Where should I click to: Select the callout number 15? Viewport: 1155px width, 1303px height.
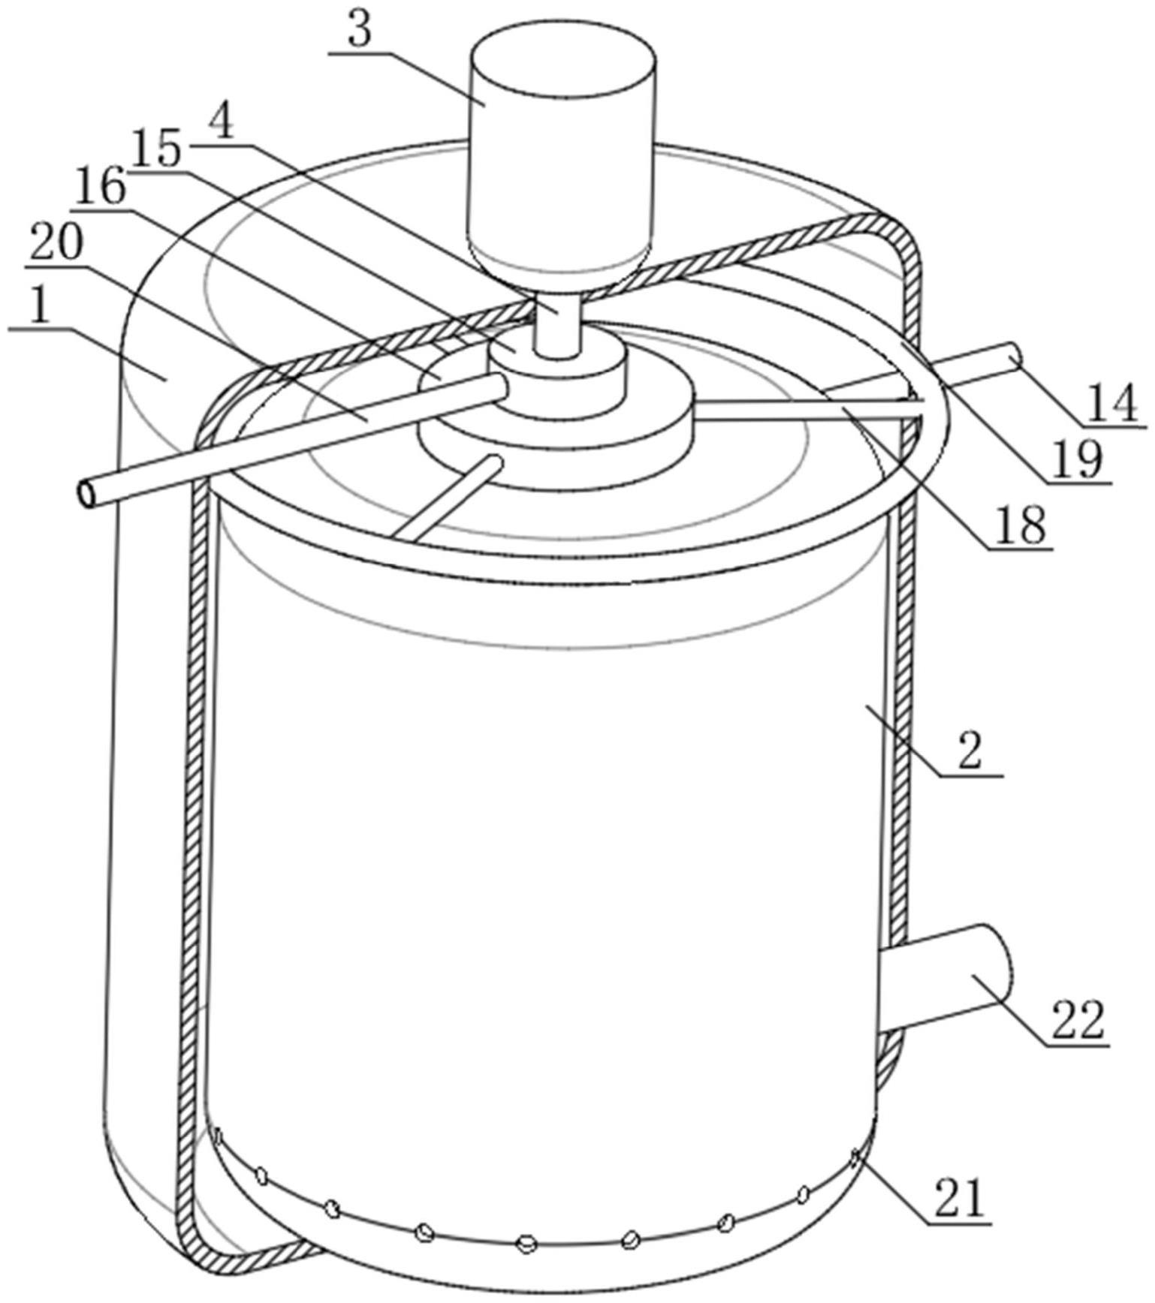pyautogui.click(x=158, y=150)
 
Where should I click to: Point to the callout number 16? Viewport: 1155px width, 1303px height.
pyautogui.click(x=100, y=188)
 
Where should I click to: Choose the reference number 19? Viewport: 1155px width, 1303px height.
pyautogui.click(x=1076, y=459)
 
